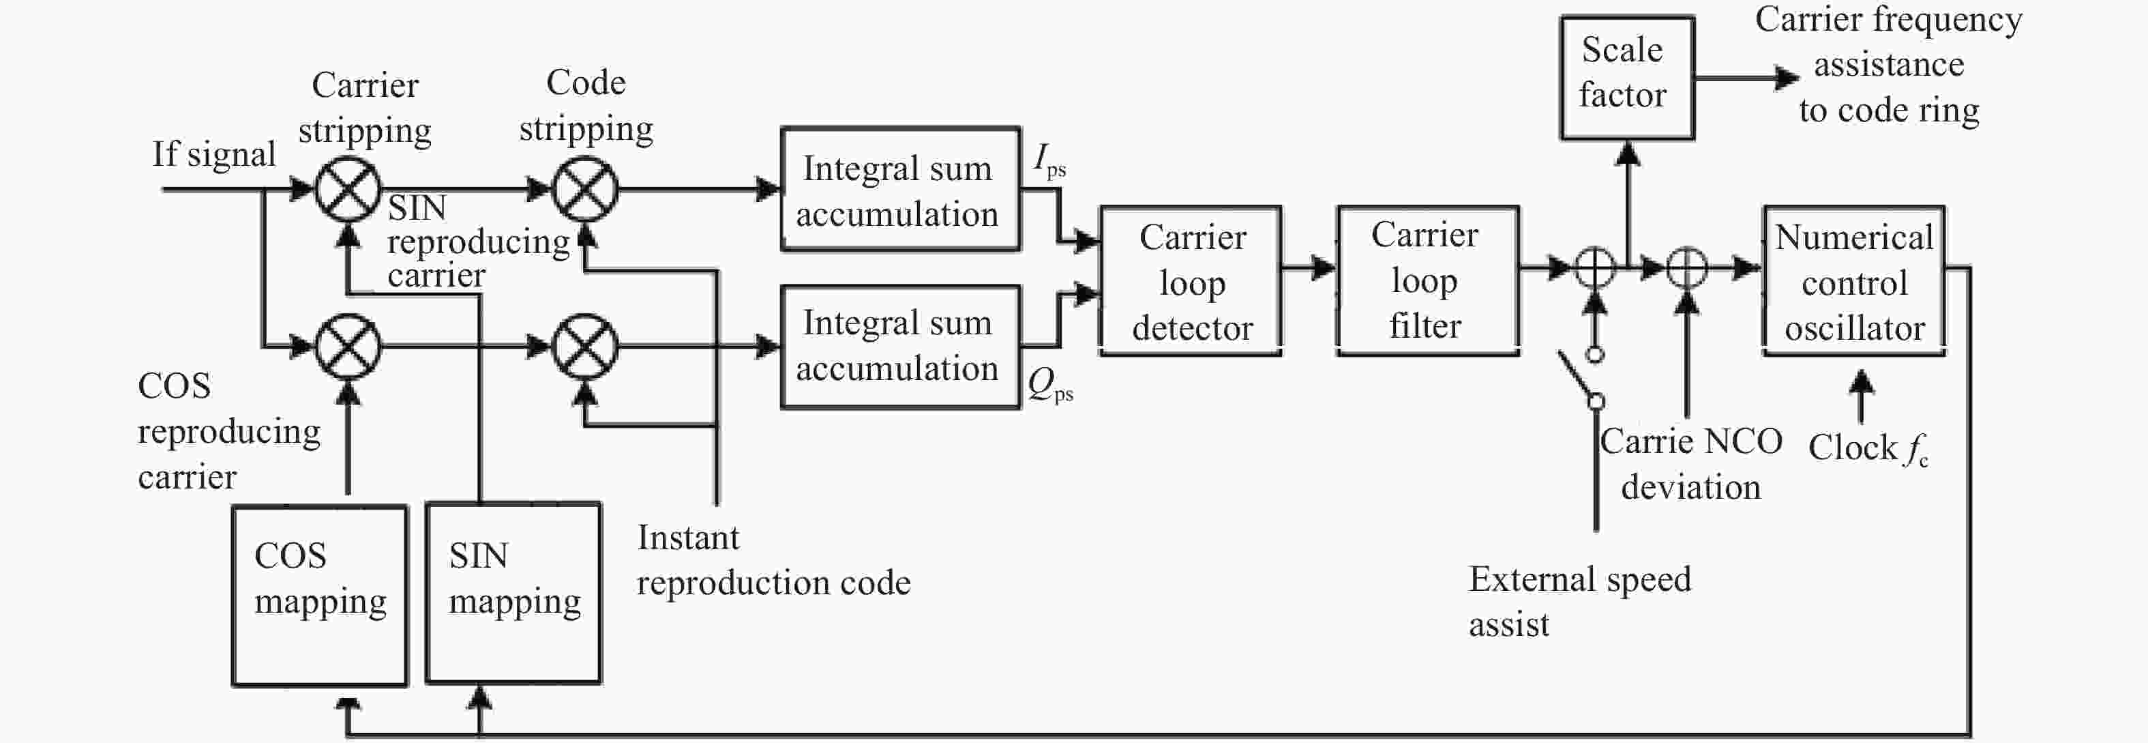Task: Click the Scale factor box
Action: [1627, 78]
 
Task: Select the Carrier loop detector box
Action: [1191, 281]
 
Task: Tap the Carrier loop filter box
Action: [1427, 281]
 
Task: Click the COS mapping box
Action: [319, 596]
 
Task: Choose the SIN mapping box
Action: [513, 594]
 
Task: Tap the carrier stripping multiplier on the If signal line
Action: [348, 189]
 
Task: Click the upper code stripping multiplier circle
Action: [586, 189]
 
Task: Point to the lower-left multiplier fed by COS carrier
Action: [348, 346]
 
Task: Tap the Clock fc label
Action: [1868, 449]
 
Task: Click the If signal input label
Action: [213, 154]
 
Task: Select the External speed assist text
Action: [1579, 601]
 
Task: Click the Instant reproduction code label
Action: [773, 560]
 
